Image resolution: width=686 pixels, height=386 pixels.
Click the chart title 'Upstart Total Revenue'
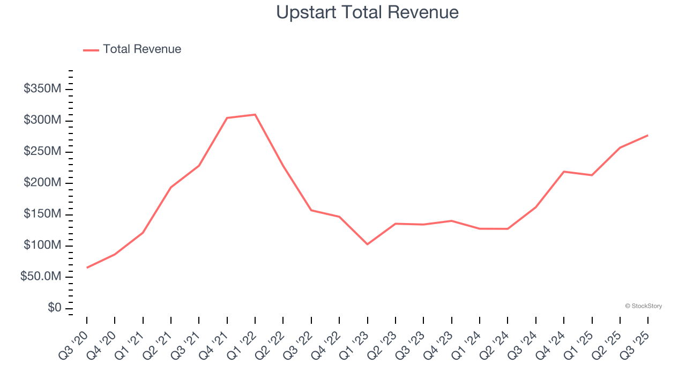coord(367,12)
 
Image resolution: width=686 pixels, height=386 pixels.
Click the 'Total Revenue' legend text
coord(142,49)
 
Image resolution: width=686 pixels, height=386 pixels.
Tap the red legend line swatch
coord(91,50)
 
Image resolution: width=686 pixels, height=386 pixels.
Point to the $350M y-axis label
coord(42,89)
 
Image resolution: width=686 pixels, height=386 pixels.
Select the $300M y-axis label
coord(42,120)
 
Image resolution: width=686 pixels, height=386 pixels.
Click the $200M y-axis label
coord(42,183)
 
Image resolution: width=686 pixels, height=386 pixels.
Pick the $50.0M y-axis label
coord(41,277)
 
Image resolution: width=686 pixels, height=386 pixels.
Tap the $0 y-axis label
coord(54,308)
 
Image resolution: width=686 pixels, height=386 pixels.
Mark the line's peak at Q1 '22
coord(255,115)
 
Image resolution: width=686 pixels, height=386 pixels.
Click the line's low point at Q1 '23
coord(368,244)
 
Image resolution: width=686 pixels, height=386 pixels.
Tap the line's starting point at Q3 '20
coord(87,268)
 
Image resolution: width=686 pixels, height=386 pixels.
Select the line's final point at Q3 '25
coord(648,135)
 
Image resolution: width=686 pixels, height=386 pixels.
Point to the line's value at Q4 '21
coord(227,118)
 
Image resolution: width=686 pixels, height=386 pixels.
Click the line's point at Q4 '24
coord(564,172)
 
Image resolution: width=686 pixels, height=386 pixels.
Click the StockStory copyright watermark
coord(644,306)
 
